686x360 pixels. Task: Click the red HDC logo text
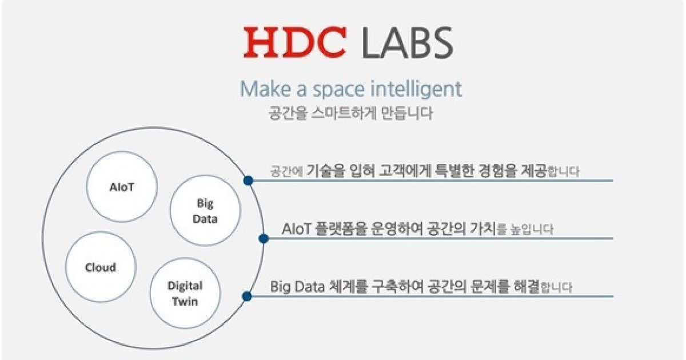295,43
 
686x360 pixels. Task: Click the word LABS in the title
406,43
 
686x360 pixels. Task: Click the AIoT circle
121,186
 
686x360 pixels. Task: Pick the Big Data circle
204,210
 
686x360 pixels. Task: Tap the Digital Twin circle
184,293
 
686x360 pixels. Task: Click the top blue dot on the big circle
248,181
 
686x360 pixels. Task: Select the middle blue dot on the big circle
264,238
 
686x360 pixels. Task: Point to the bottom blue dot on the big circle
247,296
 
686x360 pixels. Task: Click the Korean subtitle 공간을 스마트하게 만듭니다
350,113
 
